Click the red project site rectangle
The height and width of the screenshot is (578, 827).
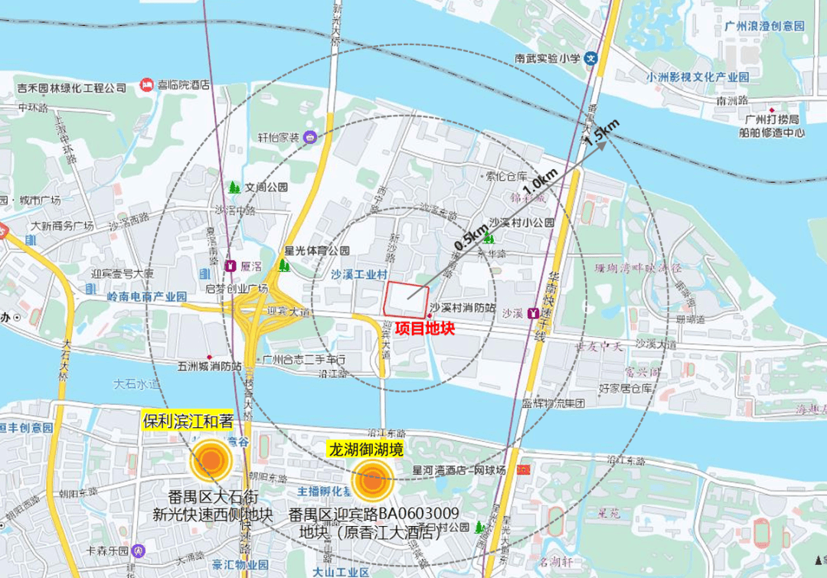[406, 299]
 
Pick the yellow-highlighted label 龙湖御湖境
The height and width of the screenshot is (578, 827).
[366, 449]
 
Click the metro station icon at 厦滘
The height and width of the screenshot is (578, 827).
[230, 266]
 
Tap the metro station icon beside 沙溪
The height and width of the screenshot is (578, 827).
[533, 314]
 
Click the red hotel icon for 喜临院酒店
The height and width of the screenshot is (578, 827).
[146, 84]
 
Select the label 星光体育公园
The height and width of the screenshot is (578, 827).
[317, 250]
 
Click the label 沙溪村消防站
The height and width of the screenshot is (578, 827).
[462, 308]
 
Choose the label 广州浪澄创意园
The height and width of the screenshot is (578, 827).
[764, 26]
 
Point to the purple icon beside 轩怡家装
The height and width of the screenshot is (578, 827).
[310, 138]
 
